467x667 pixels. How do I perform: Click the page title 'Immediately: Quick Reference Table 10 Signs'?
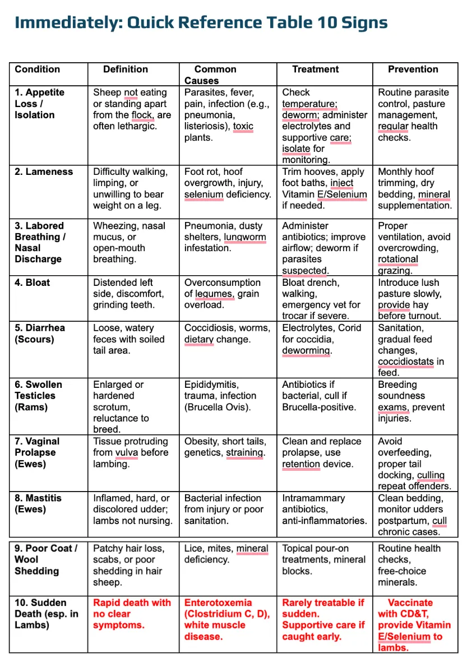tap(201, 23)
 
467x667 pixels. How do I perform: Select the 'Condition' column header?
tap(37, 70)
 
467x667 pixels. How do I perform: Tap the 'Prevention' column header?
tap(413, 70)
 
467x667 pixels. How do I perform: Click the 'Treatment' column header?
tap(316, 70)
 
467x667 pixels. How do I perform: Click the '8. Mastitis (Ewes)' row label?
tap(38, 503)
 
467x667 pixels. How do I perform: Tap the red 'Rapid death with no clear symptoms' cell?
tap(132, 614)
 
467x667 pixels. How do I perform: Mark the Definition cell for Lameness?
tap(130, 189)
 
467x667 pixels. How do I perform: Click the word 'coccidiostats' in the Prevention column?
tap(405, 362)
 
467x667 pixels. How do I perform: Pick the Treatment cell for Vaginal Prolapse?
tap(318, 452)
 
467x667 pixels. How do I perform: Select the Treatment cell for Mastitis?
tap(324, 509)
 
